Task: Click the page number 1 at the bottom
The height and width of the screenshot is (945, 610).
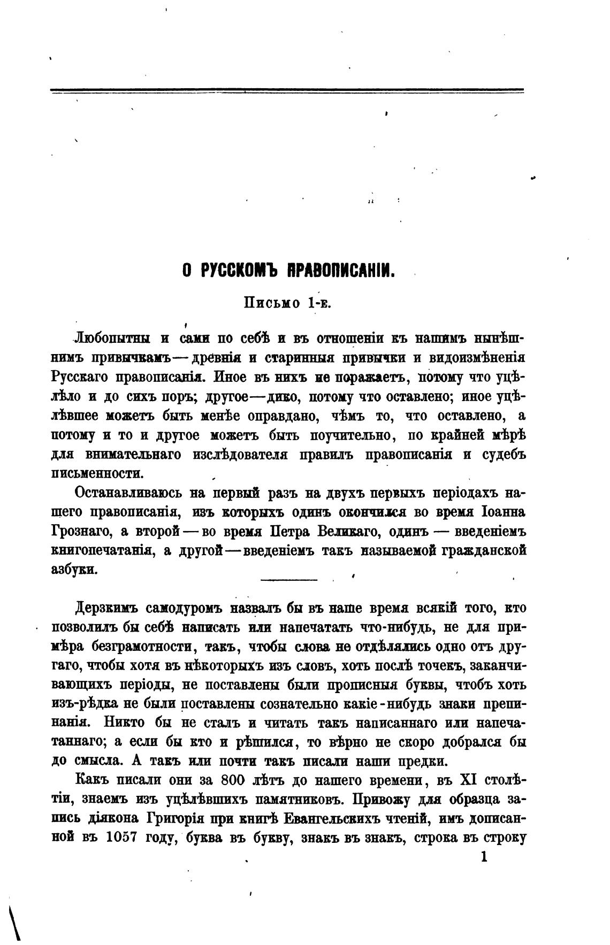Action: pyautogui.click(x=484, y=857)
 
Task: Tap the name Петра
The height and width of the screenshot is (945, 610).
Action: pyautogui.click(x=289, y=531)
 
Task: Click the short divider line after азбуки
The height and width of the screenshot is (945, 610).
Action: pyautogui.click(x=288, y=579)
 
